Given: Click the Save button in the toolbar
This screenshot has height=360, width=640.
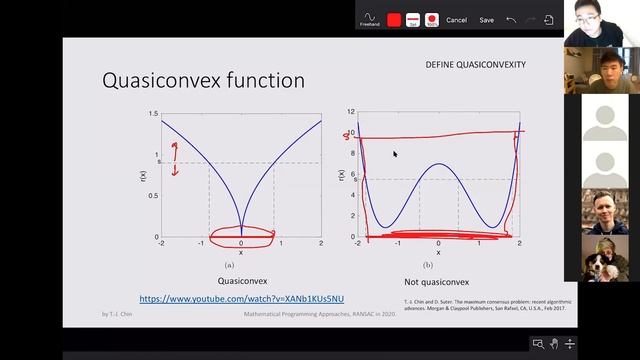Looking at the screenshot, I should pos(486,20).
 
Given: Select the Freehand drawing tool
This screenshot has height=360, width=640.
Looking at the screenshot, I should pos(370,18).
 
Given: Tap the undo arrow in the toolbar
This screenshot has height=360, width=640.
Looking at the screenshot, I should pos(511,19).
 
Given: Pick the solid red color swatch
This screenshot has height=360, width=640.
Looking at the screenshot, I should pos(394,19).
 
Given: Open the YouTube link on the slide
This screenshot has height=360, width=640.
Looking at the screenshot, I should pos(241,299).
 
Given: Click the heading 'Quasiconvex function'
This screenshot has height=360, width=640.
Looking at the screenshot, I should pos(203,80).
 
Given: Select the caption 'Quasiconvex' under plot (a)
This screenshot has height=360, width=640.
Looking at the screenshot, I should pos(241,282).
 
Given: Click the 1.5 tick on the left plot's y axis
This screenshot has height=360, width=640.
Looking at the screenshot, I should pos(152,114).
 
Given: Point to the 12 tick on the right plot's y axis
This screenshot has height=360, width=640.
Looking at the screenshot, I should pos(350,112).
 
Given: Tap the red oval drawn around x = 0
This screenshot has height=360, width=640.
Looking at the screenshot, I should pos(241,236).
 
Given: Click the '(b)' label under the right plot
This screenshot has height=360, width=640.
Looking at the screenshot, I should pos(427,264).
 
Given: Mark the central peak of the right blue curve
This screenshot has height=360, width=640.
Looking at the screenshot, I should pos(438,164).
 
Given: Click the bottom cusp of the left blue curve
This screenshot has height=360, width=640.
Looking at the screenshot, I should pos(241,234).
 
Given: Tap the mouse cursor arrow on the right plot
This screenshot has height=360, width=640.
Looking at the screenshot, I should pos(395,154).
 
